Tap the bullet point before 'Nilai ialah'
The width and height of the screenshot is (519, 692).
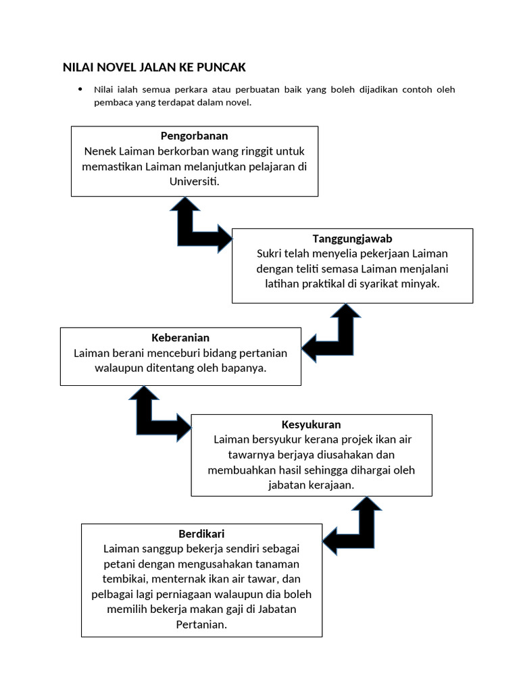[80, 89]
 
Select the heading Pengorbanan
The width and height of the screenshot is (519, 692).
[194, 136]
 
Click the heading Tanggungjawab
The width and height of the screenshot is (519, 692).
[352, 239]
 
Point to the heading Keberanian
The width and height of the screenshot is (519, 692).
[180, 337]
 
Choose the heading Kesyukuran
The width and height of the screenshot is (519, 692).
[311, 424]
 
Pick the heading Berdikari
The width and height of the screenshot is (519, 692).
[201, 534]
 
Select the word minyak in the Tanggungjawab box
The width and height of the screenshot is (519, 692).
[422, 284]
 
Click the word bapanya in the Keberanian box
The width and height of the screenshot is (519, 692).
[245, 368]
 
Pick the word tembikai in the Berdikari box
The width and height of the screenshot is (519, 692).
[124, 579]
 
